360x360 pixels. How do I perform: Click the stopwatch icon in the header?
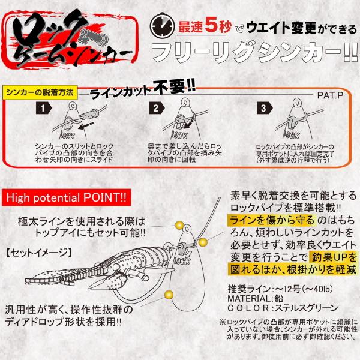162,26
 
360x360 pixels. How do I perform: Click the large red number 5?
211,25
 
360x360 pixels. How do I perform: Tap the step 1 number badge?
43,108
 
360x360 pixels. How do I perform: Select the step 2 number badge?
157,108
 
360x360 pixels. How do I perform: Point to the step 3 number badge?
265,108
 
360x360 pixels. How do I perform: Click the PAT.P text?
330,95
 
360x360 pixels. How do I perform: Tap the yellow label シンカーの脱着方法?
40,92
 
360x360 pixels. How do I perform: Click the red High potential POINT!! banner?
67,197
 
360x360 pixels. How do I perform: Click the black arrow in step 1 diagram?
86,125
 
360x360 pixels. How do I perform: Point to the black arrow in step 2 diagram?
188,125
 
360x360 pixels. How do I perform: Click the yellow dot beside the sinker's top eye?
179,225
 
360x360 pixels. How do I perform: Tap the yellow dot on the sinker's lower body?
169,295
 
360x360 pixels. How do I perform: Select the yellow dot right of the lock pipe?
203,242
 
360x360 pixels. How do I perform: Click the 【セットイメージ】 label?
38,253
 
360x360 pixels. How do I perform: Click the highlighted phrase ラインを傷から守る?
272,220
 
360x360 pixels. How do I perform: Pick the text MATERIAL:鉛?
256,298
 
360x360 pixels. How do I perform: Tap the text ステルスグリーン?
306,308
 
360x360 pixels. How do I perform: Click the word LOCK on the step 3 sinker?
292,135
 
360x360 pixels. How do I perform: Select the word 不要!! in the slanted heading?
174,87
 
